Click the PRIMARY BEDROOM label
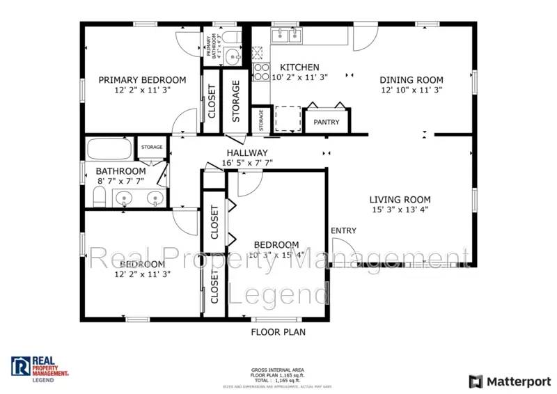click(x=142, y=79)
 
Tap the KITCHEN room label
click(x=299, y=68)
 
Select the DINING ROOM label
click(x=411, y=79)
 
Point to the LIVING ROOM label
click(x=400, y=199)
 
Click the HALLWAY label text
click(x=246, y=153)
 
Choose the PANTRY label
click(x=327, y=123)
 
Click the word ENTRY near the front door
click(x=343, y=231)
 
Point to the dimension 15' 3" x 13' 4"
click(x=400, y=210)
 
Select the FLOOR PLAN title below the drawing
click(x=278, y=332)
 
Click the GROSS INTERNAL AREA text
click(x=278, y=370)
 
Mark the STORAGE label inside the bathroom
click(x=152, y=148)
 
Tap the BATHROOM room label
click(x=120, y=171)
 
